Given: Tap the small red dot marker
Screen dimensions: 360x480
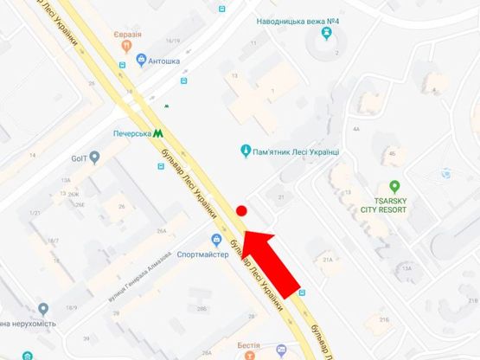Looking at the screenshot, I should coord(242,210).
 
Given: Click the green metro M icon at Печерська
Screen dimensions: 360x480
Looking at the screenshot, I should coord(158,134).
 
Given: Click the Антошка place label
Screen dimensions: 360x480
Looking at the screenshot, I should coord(164,61).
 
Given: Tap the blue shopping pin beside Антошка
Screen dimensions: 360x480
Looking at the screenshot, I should coord(142,61).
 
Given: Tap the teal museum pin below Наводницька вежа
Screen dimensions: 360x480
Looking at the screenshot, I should coord(326,34).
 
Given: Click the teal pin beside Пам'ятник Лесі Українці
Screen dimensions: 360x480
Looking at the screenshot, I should coord(245,151).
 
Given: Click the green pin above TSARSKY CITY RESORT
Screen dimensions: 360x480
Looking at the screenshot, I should coord(394,185).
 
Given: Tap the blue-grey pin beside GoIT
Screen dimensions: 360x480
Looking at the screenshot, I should coord(96,157).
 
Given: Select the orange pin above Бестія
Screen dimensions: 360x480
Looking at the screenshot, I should coord(249,354).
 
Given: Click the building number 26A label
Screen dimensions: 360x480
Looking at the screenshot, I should coord(162,231).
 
